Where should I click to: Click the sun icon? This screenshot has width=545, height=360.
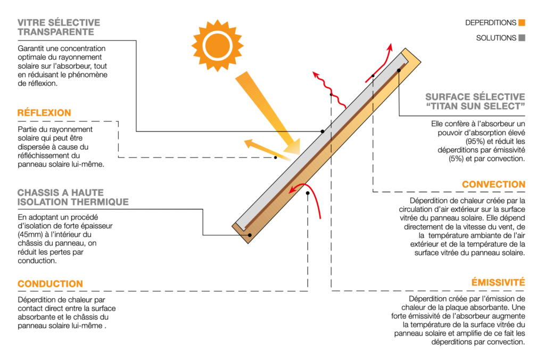(x=218, y=46)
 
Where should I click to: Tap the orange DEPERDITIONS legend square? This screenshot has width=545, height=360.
(x=522, y=22)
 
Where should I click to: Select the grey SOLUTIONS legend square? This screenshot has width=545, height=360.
(x=522, y=38)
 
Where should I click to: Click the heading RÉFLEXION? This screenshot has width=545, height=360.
(x=44, y=113)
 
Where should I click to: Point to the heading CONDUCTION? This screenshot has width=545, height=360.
(x=51, y=284)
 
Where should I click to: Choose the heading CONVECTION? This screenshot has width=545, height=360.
(x=493, y=184)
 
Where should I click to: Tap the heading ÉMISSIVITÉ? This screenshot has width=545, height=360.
(x=498, y=282)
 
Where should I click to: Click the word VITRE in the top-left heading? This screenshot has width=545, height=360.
(x=31, y=22)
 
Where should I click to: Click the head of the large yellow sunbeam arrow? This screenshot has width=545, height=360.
(x=293, y=146)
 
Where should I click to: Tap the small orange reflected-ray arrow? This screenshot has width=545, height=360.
(x=268, y=150)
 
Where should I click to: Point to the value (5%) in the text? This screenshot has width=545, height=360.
(x=456, y=159)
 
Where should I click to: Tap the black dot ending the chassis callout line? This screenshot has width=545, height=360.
(x=250, y=235)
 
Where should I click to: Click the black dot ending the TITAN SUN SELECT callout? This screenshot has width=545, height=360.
(x=399, y=70)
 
